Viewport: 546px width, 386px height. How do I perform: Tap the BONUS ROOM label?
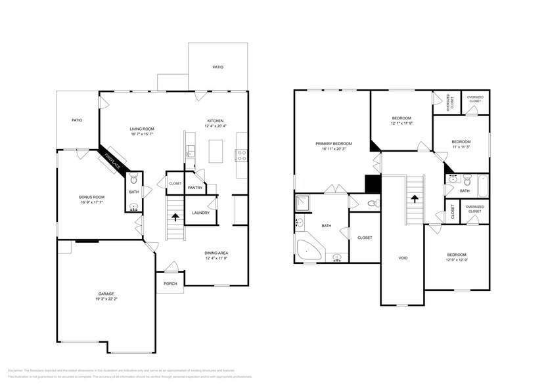92,197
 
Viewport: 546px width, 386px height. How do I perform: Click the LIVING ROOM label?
141,129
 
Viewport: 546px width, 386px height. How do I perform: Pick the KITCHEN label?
216,121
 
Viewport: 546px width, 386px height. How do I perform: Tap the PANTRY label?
195,188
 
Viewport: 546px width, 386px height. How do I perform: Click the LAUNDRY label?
200,213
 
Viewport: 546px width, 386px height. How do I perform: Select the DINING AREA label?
216,253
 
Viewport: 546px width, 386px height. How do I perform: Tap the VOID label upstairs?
403,258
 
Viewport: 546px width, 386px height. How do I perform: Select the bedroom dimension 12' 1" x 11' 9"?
401,123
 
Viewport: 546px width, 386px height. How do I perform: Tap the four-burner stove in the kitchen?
241,156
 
